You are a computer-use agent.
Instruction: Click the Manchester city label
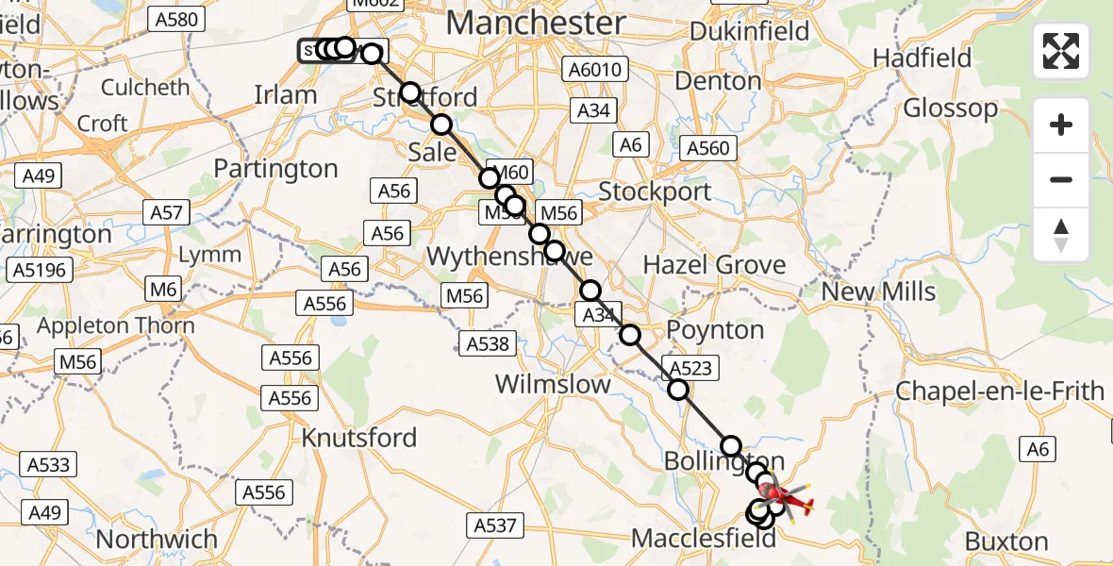tap(535, 23)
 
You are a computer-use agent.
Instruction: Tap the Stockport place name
tap(655, 191)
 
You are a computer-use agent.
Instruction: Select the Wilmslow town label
tap(552, 385)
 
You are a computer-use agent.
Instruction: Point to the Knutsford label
tap(358, 438)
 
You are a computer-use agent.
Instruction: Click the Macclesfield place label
tap(703, 539)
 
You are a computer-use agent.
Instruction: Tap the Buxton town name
tap(1006, 541)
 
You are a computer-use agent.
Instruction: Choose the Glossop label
tap(950, 108)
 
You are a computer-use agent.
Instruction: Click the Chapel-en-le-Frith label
tap(999, 391)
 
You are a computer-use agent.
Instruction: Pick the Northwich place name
tap(157, 539)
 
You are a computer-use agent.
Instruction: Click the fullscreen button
tap(1061, 51)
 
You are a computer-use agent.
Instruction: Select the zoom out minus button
tap(1061, 179)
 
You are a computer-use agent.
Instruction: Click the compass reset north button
tap(1061, 235)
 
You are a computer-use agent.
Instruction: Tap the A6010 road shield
tap(591, 70)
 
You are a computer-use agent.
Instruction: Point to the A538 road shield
tap(487, 343)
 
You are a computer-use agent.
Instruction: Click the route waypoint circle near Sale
tap(441, 125)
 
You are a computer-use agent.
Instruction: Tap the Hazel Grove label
tap(714, 264)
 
